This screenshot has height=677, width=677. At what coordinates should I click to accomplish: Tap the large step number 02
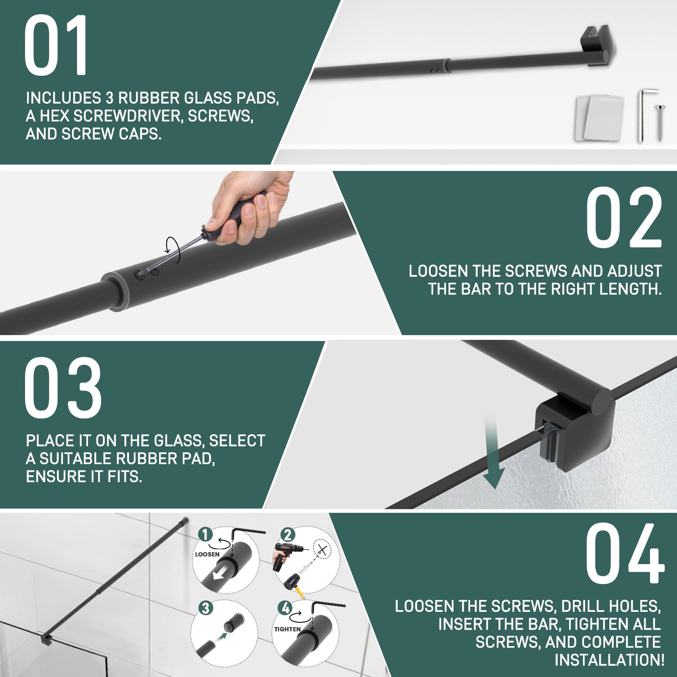(x=624, y=217)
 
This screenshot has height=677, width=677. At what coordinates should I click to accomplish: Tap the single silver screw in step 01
(x=660, y=123)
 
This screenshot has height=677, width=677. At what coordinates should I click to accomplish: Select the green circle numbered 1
(x=205, y=534)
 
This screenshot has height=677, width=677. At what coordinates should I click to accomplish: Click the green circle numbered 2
(x=287, y=534)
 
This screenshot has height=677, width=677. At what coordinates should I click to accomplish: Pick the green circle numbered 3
(x=205, y=608)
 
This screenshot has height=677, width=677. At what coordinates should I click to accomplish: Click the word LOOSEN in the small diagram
(x=207, y=554)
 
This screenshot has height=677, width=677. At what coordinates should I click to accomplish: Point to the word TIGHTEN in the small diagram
(x=287, y=629)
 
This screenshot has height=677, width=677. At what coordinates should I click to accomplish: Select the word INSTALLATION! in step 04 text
(x=609, y=660)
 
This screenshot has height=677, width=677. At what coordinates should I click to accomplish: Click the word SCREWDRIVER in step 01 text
(x=129, y=116)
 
